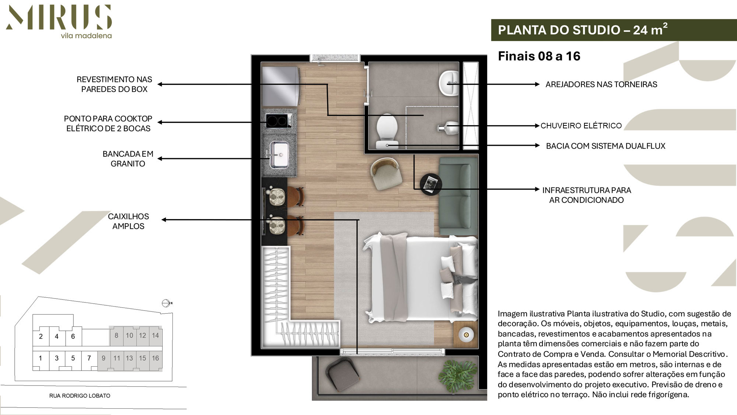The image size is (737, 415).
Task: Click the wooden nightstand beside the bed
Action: pos(465,335)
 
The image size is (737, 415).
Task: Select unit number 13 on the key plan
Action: pos(129,358)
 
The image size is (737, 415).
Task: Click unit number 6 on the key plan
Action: pos(73,336)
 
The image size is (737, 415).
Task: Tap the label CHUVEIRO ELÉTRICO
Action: pos(581,126)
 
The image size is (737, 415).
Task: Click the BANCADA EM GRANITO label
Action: pos(128,159)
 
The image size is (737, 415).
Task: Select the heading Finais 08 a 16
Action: pos(539,56)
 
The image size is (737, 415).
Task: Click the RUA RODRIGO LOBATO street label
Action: pos(80,396)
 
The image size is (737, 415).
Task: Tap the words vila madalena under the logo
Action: pos(86,36)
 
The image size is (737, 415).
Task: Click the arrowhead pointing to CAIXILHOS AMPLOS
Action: pos(164,220)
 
